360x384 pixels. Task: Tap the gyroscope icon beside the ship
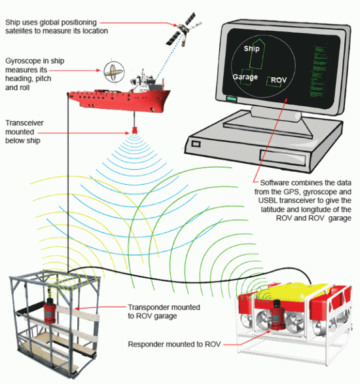(x=112, y=69)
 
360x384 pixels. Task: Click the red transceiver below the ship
(x=134, y=130)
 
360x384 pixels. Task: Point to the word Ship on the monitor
(x=252, y=49)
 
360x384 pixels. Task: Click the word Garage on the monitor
(x=243, y=77)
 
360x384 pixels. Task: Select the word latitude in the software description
(x=275, y=208)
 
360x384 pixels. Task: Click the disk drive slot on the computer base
(x=289, y=157)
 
